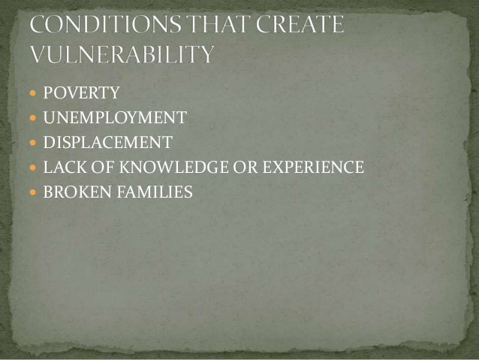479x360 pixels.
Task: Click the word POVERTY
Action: click(x=81, y=93)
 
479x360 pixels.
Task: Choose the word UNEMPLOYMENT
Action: click(x=114, y=117)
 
